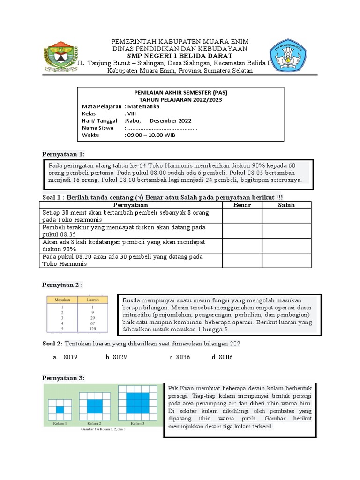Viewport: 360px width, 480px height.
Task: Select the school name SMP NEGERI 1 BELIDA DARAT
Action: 180,56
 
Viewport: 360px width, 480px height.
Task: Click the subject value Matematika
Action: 142,106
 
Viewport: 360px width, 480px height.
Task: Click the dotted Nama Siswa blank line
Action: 162,128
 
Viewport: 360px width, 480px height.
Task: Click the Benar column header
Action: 242,205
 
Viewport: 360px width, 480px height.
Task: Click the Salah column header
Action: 286,205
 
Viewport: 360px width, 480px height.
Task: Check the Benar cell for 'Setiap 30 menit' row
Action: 242,216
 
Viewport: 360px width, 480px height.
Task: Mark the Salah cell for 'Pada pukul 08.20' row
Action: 286,260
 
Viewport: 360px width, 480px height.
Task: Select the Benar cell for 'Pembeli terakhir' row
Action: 242,231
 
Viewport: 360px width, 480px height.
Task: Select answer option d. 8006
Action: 222,357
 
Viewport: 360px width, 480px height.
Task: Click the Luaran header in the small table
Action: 92,299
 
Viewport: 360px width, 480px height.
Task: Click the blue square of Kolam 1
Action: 59,410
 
